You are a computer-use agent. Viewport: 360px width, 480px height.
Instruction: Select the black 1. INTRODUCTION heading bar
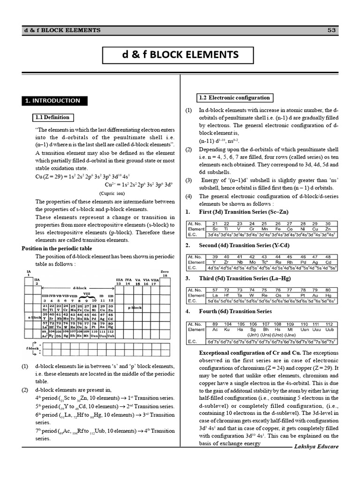click(x=52, y=100)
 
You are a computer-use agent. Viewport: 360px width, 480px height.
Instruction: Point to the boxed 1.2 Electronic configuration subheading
click(x=234, y=97)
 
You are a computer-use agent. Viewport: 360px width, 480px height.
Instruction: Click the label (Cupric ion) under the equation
click(x=112, y=193)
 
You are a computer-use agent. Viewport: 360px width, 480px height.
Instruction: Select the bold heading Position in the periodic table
click(x=57, y=248)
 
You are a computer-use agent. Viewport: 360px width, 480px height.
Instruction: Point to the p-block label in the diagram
click(x=135, y=307)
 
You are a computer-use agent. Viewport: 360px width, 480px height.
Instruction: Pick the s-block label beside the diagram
click(x=34, y=317)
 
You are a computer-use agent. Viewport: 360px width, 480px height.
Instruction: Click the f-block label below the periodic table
click(x=32, y=349)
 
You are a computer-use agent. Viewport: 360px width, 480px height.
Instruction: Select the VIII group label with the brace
click(x=86, y=294)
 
